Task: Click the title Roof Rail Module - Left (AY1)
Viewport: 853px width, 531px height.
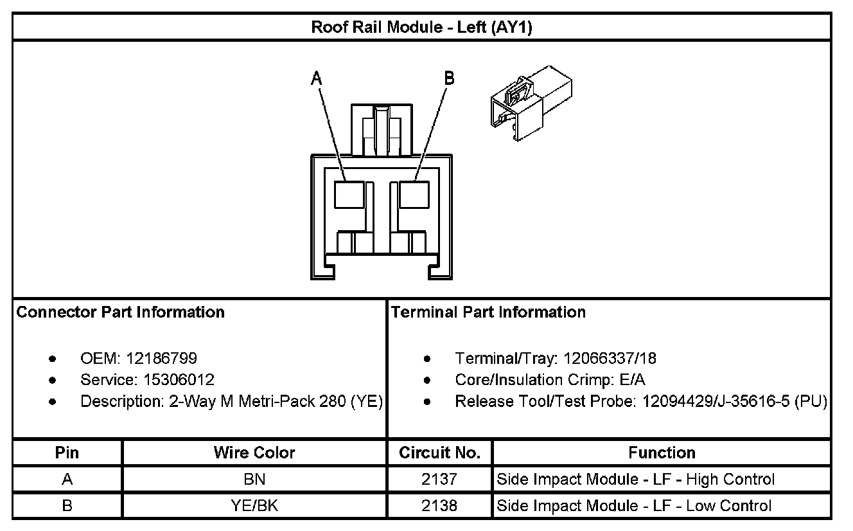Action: (x=421, y=27)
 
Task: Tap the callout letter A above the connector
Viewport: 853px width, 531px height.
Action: (x=316, y=78)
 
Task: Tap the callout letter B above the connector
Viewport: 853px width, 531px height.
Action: (x=449, y=78)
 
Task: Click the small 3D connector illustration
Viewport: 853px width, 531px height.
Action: (x=529, y=103)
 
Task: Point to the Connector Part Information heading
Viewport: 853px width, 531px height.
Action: (x=121, y=312)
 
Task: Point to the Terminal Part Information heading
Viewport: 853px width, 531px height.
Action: (x=489, y=312)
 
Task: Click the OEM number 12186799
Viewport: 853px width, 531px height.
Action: (x=161, y=358)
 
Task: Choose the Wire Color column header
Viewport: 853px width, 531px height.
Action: (x=254, y=453)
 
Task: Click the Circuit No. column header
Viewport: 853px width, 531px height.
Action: (x=439, y=453)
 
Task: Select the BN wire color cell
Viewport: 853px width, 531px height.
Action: (x=254, y=480)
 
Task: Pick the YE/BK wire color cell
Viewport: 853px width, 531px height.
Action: (x=254, y=506)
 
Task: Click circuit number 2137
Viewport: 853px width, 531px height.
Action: (x=439, y=480)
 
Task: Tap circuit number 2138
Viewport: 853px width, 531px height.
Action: (x=439, y=506)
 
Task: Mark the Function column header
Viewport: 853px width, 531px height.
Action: (x=662, y=453)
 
